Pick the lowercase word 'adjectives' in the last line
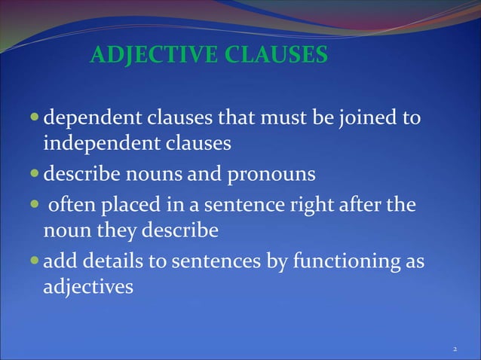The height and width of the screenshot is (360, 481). tap(88, 287)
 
